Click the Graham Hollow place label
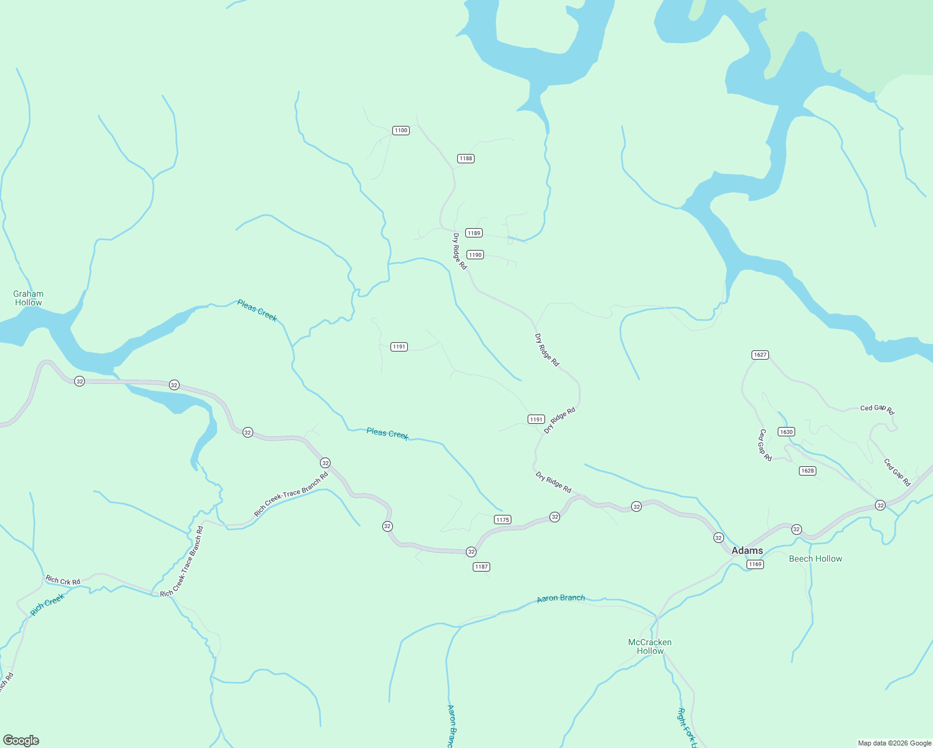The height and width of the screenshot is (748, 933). point(29,298)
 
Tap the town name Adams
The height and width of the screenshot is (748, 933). point(747,550)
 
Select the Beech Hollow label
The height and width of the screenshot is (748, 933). point(815,559)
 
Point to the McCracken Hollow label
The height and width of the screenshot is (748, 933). point(650,646)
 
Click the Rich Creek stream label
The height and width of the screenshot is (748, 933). point(47,604)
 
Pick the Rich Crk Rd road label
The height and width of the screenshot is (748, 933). point(63,580)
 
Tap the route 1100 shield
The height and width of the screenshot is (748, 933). point(400,130)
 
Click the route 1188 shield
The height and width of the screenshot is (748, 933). point(466,158)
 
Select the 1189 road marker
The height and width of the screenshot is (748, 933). point(474,233)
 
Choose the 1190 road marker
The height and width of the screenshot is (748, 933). point(475,255)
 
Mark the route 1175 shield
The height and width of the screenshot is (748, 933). point(503,520)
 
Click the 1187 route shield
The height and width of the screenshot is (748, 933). point(481,567)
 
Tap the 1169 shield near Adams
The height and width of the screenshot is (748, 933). point(755,564)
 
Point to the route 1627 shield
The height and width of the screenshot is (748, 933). point(760,355)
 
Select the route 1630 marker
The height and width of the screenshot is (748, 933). point(786,432)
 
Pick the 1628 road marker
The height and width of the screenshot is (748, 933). point(807,471)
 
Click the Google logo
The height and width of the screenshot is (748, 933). point(21,741)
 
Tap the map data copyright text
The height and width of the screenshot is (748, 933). point(894,743)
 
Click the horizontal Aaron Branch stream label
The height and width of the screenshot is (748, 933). point(561,598)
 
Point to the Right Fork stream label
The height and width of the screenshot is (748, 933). point(686,727)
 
